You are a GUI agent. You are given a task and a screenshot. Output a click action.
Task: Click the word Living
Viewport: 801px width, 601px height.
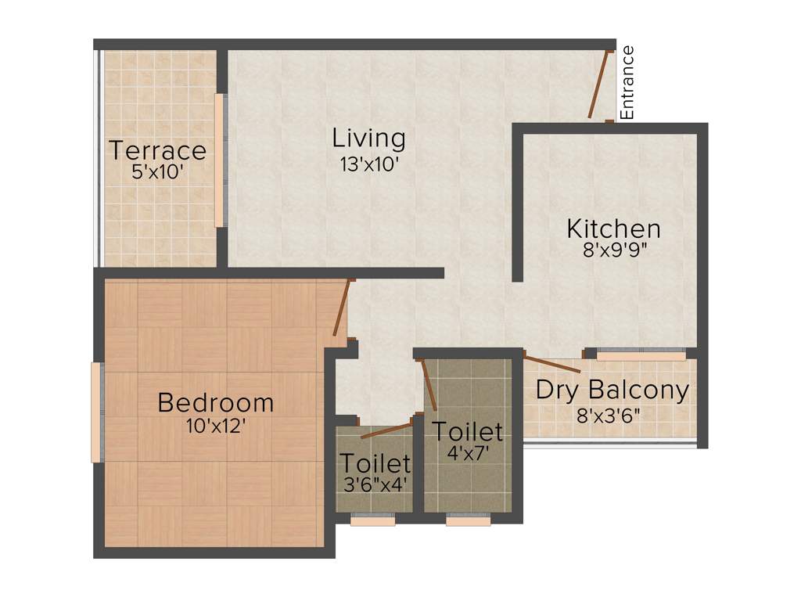click(368, 139)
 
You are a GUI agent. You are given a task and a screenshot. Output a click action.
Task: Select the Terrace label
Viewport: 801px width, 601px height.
click(158, 149)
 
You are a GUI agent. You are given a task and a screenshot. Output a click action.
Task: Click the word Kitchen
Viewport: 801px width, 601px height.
click(613, 229)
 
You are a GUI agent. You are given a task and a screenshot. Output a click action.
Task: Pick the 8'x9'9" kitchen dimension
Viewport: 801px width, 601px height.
click(614, 253)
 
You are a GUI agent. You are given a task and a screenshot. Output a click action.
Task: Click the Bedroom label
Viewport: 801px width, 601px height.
click(216, 403)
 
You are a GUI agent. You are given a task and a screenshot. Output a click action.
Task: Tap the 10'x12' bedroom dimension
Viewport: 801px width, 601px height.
click(216, 427)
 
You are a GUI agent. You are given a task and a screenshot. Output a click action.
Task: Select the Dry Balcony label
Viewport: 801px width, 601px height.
click(612, 390)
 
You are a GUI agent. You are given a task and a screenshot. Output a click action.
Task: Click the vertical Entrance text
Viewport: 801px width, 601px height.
click(627, 83)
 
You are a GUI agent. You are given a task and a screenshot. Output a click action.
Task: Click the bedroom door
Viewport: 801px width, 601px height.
click(341, 308)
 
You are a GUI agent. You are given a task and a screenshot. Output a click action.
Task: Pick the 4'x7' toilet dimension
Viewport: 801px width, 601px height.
click(468, 454)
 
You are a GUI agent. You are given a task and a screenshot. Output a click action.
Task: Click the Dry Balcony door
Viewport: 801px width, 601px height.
click(551, 363)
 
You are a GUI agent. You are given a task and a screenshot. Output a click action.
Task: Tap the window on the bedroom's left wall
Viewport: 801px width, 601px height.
click(96, 412)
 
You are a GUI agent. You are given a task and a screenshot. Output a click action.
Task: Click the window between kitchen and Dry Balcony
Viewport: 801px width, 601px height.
click(641, 355)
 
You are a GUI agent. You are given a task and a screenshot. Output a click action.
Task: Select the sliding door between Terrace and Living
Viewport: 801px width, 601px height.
click(220, 160)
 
